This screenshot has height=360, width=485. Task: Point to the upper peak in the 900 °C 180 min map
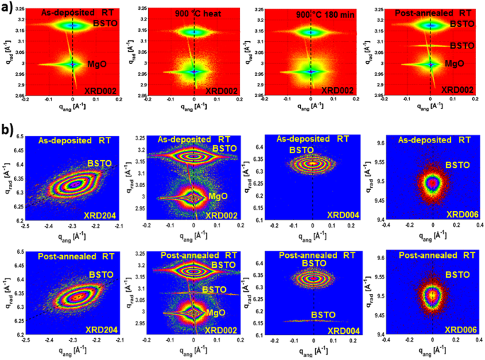pos(311,31)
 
